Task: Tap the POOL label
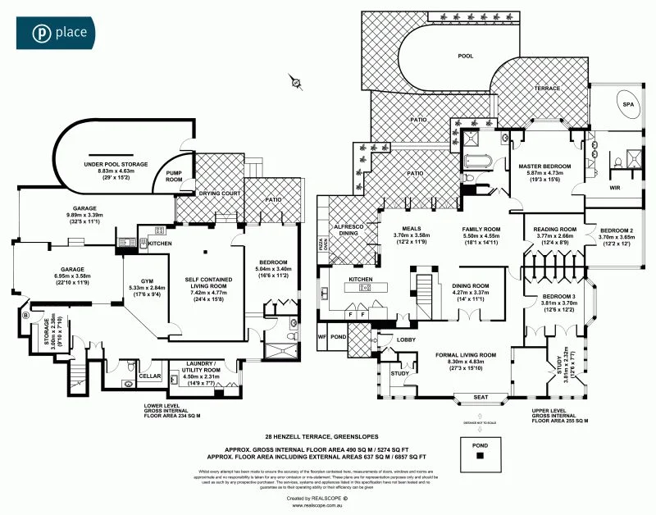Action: (x=465, y=57)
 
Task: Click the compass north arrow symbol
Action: (x=294, y=80)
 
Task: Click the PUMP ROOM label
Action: (x=174, y=176)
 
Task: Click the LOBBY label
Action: (x=406, y=340)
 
